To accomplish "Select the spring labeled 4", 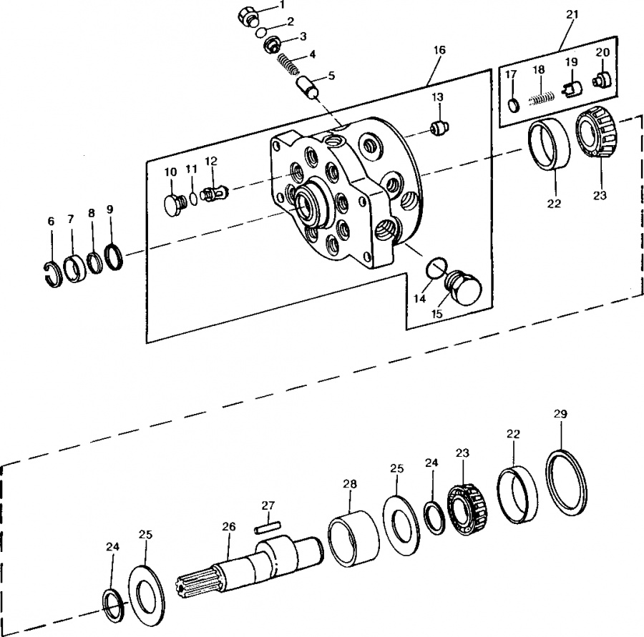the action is pyautogui.click(x=287, y=64).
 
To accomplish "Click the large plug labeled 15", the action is pyautogui.click(x=464, y=287).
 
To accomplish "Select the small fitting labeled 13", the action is pyautogui.click(x=440, y=129).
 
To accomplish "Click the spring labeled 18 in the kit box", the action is pyautogui.click(x=541, y=99).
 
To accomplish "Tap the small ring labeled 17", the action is pyautogui.click(x=513, y=105).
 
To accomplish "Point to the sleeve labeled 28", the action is pyautogui.click(x=353, y=538).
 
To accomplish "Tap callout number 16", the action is pyautogui.click(x=439, y=50).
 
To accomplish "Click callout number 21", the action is pyautogui.click(x=572, y=14).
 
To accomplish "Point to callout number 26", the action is pyautogui.click(x=229, y=527).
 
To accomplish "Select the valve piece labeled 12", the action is pyautogui.click(x=215, y=192).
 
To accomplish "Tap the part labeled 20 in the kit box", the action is pyautogui.click(x=602, y=79).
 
